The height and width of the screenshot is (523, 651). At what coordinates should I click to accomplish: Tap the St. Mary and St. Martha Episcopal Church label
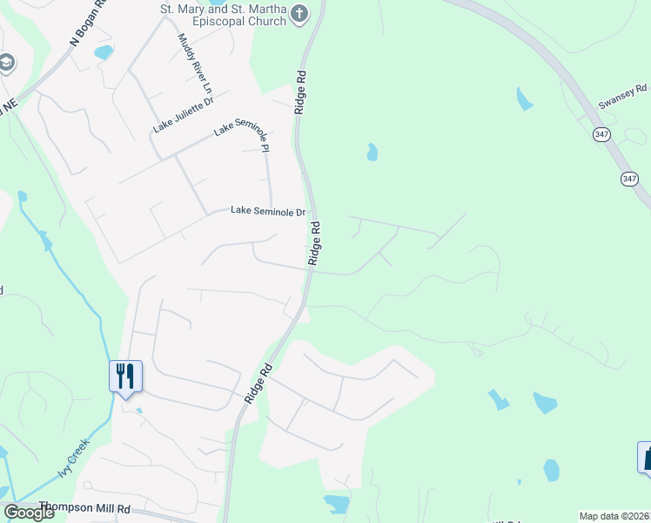[x=224, y=15]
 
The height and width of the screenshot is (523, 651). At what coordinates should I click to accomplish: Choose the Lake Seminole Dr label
[x=267, y=212]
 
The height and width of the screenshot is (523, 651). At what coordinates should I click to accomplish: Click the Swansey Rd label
[x=622, y=96]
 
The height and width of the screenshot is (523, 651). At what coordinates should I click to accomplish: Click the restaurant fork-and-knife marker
[x=125, y=376]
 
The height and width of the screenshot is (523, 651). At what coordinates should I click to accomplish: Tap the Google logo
[x=29, y=513]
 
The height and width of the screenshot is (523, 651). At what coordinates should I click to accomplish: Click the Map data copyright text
[x=614, y=516]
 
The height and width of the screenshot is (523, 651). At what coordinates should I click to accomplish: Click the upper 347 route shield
[x=601, y=134]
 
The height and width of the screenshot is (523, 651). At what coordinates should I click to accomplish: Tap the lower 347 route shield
[x=629, y=178]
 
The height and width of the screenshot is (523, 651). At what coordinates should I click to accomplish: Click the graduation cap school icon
[x=6, y=63]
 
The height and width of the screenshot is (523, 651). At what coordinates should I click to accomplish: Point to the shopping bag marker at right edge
[x=647, y=456]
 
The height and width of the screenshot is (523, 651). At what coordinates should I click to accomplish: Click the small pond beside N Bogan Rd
[x=104, y=52]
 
